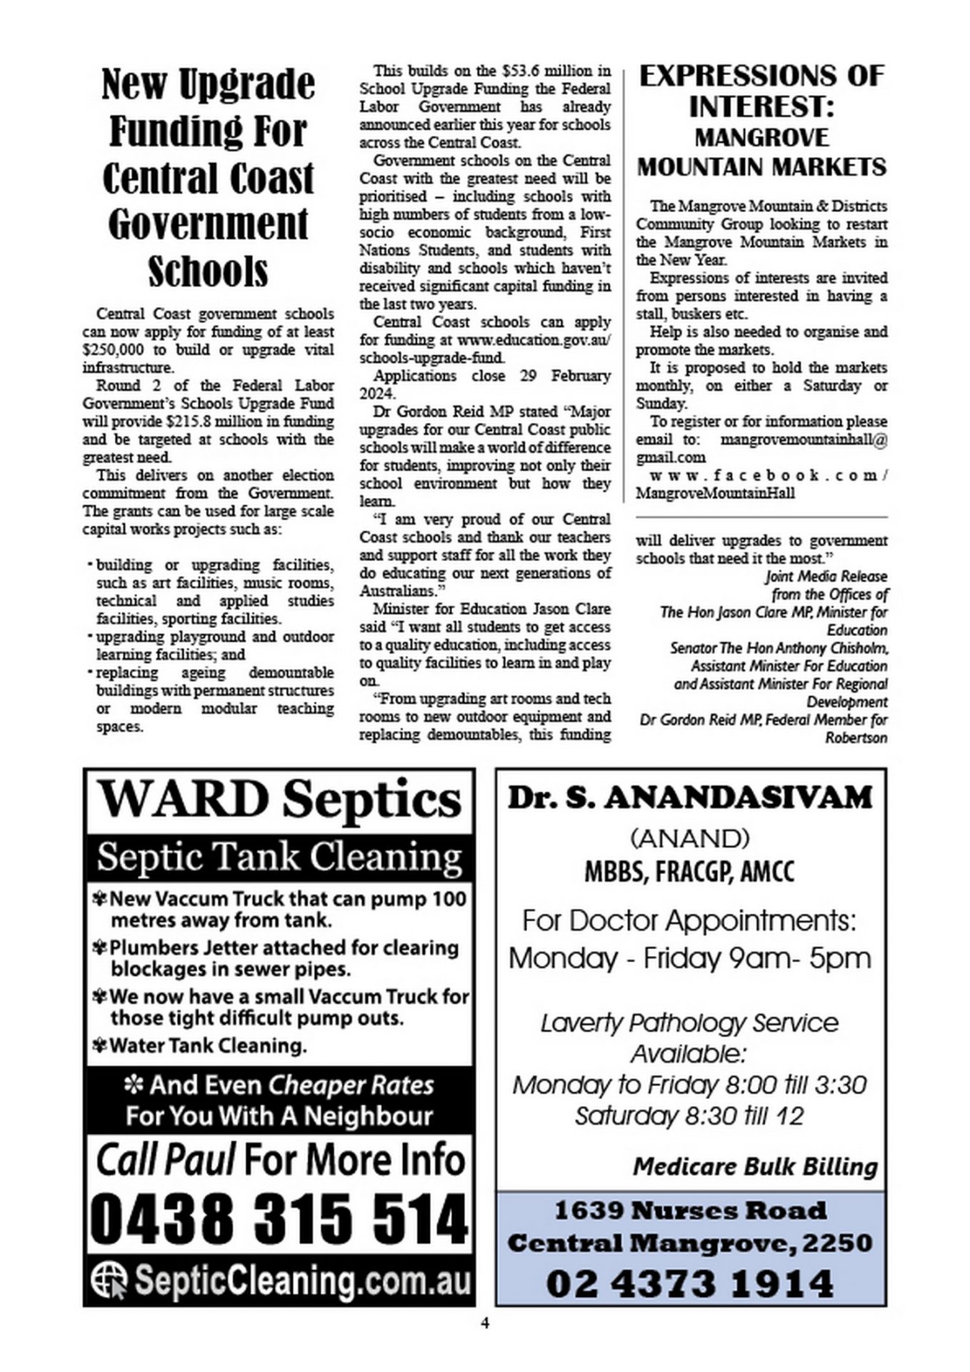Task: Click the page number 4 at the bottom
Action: pyautogui.click(x=485, y=1323)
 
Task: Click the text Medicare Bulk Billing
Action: pyautogui.click(x=755, y=1167)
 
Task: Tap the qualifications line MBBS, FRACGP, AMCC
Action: pyautogui.click(x=689, y=872)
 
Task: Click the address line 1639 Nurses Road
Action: pyautogui.click(x=690, y=1211)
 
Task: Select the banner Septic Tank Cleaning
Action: pyautogui.click(x=279, y=857)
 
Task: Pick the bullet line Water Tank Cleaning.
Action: pyautogui.click(x=208, y=1045)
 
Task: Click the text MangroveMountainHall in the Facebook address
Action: pyautogui.click(x=715, y=494)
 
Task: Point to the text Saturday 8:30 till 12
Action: pyautogui.click(x=689, y=1115)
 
